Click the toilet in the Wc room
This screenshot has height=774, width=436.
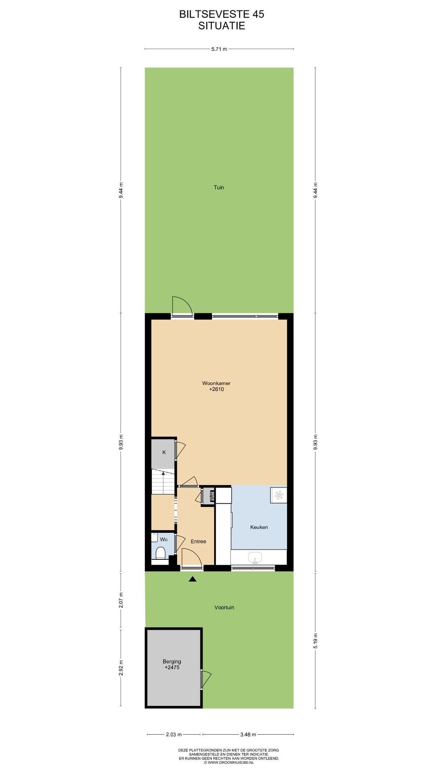pyautogui.click(x=161, y=553)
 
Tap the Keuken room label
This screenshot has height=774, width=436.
pyautogui.click(x=259, y=527)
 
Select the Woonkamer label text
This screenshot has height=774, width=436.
pyautogui.click(x=216, y=383)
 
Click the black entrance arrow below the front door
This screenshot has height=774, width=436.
pyautogui.click(x=193, y=579)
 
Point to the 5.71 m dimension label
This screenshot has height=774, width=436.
pyautogui.click(x=219, y=49)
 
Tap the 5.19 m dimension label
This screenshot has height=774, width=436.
pyautogui.click(x=316, y=641)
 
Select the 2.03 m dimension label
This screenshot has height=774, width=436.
pyautogui.click(x=174, y=734)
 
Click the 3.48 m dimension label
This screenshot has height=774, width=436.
pyautogui.click(x=248, y=734)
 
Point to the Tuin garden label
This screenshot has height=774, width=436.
pyautogui.click(x=219, y=187)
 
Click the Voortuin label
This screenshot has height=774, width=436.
pyautogui.click(x=224, y=607)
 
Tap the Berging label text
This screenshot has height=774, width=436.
pyautogui.click(x=172, y=661)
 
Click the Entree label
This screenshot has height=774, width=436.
pyautogui.click(x=198, y=541)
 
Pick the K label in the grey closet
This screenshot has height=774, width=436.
pyautogui.click(x=164, y=452)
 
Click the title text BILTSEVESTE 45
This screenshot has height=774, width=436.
pyautogui.click(x=222, y=14)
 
